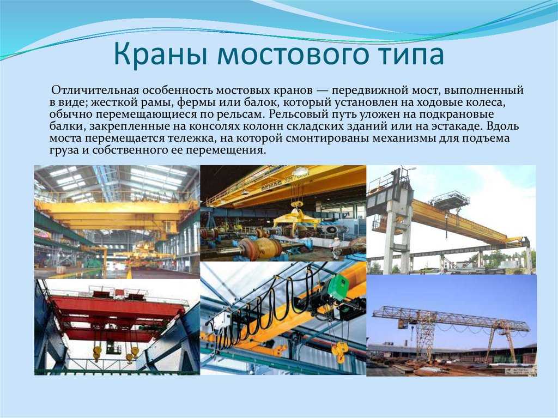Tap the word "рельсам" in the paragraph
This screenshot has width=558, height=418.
(x=242, y=114)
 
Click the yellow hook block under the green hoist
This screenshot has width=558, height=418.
(x=339, y=352)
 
